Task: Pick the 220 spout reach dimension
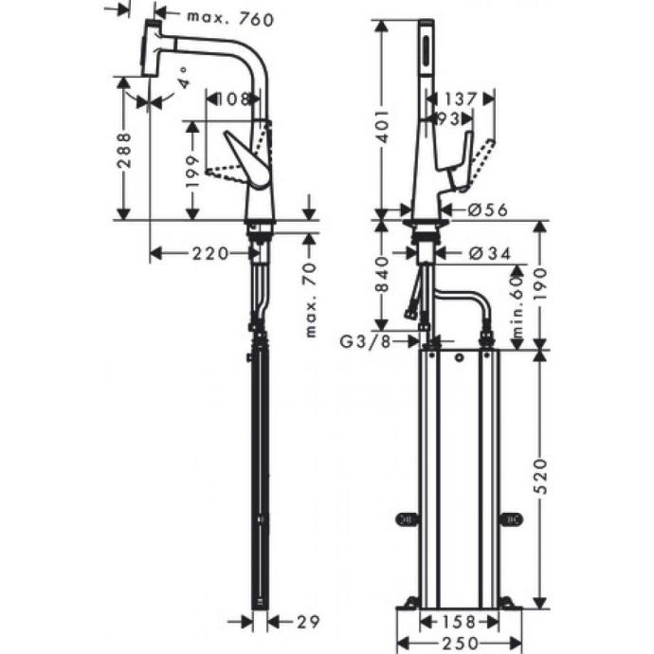coord(209,253)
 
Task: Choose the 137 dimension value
coord(460,99)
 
